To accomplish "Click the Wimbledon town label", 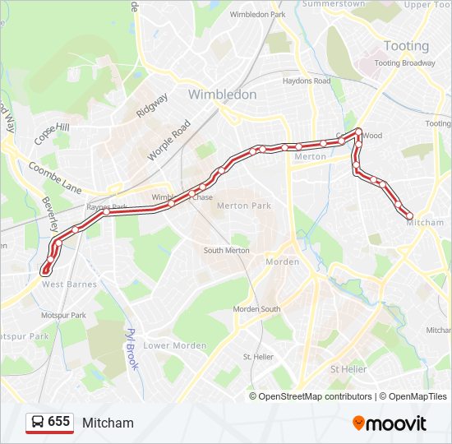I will [222, 95].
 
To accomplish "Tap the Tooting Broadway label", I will [404, 63].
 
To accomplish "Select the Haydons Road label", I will [306, 81].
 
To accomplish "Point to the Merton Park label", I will [244, 206].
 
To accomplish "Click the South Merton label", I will [226, 250].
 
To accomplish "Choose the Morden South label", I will [256, 309].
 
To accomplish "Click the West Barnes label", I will [69, 284].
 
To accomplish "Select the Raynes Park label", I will [107, 207].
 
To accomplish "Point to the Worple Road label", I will [168, 140].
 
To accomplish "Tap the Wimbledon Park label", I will [258, 15].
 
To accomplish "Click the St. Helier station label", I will [257, 357].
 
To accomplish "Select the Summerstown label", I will [334, 4].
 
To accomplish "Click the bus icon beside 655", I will [37, 422].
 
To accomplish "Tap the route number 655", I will [58, 422].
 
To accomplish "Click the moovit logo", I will [390, 423].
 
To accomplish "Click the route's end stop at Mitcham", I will [409, 215].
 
